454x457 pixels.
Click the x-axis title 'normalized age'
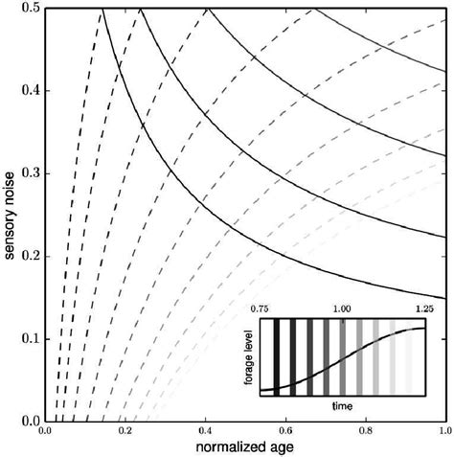point(245,446)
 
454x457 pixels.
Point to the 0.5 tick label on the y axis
point(29,10)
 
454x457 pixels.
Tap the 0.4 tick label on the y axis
point(29,92)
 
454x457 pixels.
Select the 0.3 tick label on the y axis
point(29,174)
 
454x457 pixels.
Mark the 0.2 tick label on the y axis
point(29,256)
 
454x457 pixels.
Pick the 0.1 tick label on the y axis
point(29,338)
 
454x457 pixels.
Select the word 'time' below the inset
point(341,406)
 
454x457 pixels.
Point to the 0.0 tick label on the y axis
point(29,420)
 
